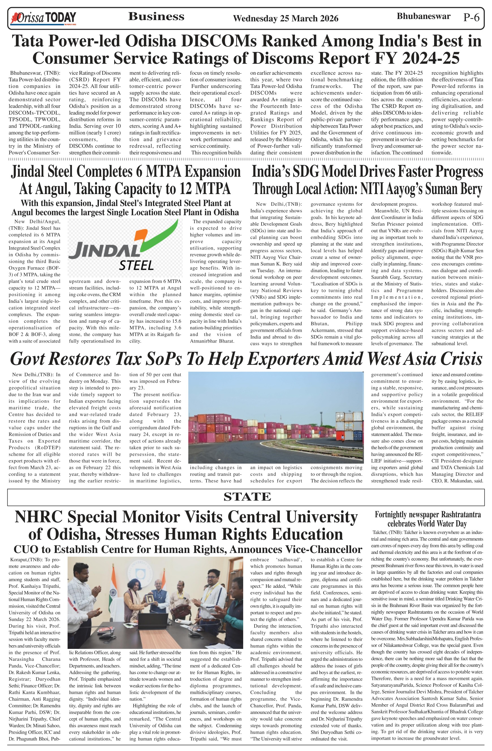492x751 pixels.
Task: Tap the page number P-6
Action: [471, 17]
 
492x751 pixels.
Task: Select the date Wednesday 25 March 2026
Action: [285, 19]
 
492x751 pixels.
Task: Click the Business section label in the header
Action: [156, 16]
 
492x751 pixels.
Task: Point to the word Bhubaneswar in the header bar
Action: [423, 16]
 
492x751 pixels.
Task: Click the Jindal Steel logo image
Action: [125, 248]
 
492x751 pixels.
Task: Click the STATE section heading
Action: [247, 497]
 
